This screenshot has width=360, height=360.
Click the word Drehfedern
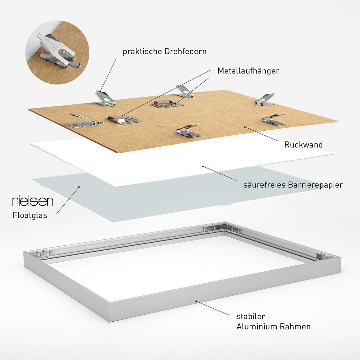click(x=185, y=51)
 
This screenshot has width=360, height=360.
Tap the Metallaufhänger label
click(x=248, y=70)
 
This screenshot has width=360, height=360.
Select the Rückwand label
click(x=303, y=144)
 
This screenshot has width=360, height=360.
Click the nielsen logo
click(x=33, y=201)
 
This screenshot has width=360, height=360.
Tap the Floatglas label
click(x=30, y=215)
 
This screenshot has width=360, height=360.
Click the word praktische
click(x=142, y=51)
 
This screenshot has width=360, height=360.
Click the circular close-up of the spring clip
click(x=57, y=52)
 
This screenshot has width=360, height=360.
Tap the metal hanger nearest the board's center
click(x=167, y=103)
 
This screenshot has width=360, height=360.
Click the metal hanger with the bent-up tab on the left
click(x=124, y=119)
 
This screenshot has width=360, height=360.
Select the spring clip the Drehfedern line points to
click(x=105, y=99)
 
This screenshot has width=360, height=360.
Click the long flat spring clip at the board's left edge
click(x=84, y=121)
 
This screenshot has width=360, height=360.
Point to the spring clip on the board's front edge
click(x=189, y=131)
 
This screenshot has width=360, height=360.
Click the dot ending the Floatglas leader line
click(x=79, y=187)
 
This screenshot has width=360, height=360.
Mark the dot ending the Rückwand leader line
click(x=245, y=127)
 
